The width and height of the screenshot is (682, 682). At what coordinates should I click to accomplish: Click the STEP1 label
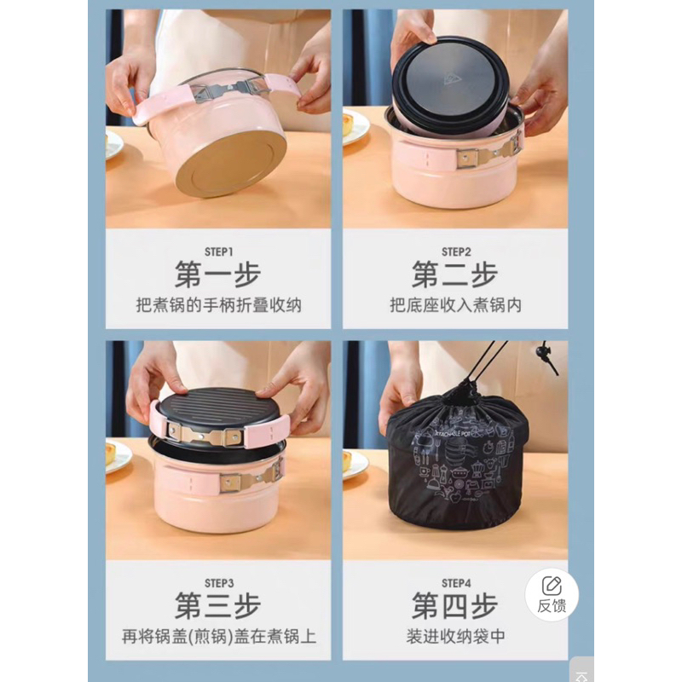219,251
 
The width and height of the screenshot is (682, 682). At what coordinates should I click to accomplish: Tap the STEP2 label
456,251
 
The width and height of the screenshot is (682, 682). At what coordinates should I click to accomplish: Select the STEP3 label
219,583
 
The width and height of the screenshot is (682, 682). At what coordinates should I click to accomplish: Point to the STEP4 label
456,583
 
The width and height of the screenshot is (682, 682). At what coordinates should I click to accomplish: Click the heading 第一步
218,275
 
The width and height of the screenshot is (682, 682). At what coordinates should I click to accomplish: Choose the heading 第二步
455,275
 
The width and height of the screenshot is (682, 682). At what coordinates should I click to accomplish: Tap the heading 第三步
218,605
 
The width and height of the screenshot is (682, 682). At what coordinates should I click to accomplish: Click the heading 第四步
455,605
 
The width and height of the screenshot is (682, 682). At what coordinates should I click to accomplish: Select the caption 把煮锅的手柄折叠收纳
219,305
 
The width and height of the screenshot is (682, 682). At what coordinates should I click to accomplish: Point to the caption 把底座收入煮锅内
455,305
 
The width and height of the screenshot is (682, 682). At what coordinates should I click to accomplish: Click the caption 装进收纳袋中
455,636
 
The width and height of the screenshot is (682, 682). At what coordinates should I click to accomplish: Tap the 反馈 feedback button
552,594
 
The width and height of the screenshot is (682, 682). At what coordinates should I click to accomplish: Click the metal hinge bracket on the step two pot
488,155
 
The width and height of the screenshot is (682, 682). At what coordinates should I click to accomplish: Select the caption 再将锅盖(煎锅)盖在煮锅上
219,636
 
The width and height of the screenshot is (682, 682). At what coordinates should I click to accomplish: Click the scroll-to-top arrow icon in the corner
581,675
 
